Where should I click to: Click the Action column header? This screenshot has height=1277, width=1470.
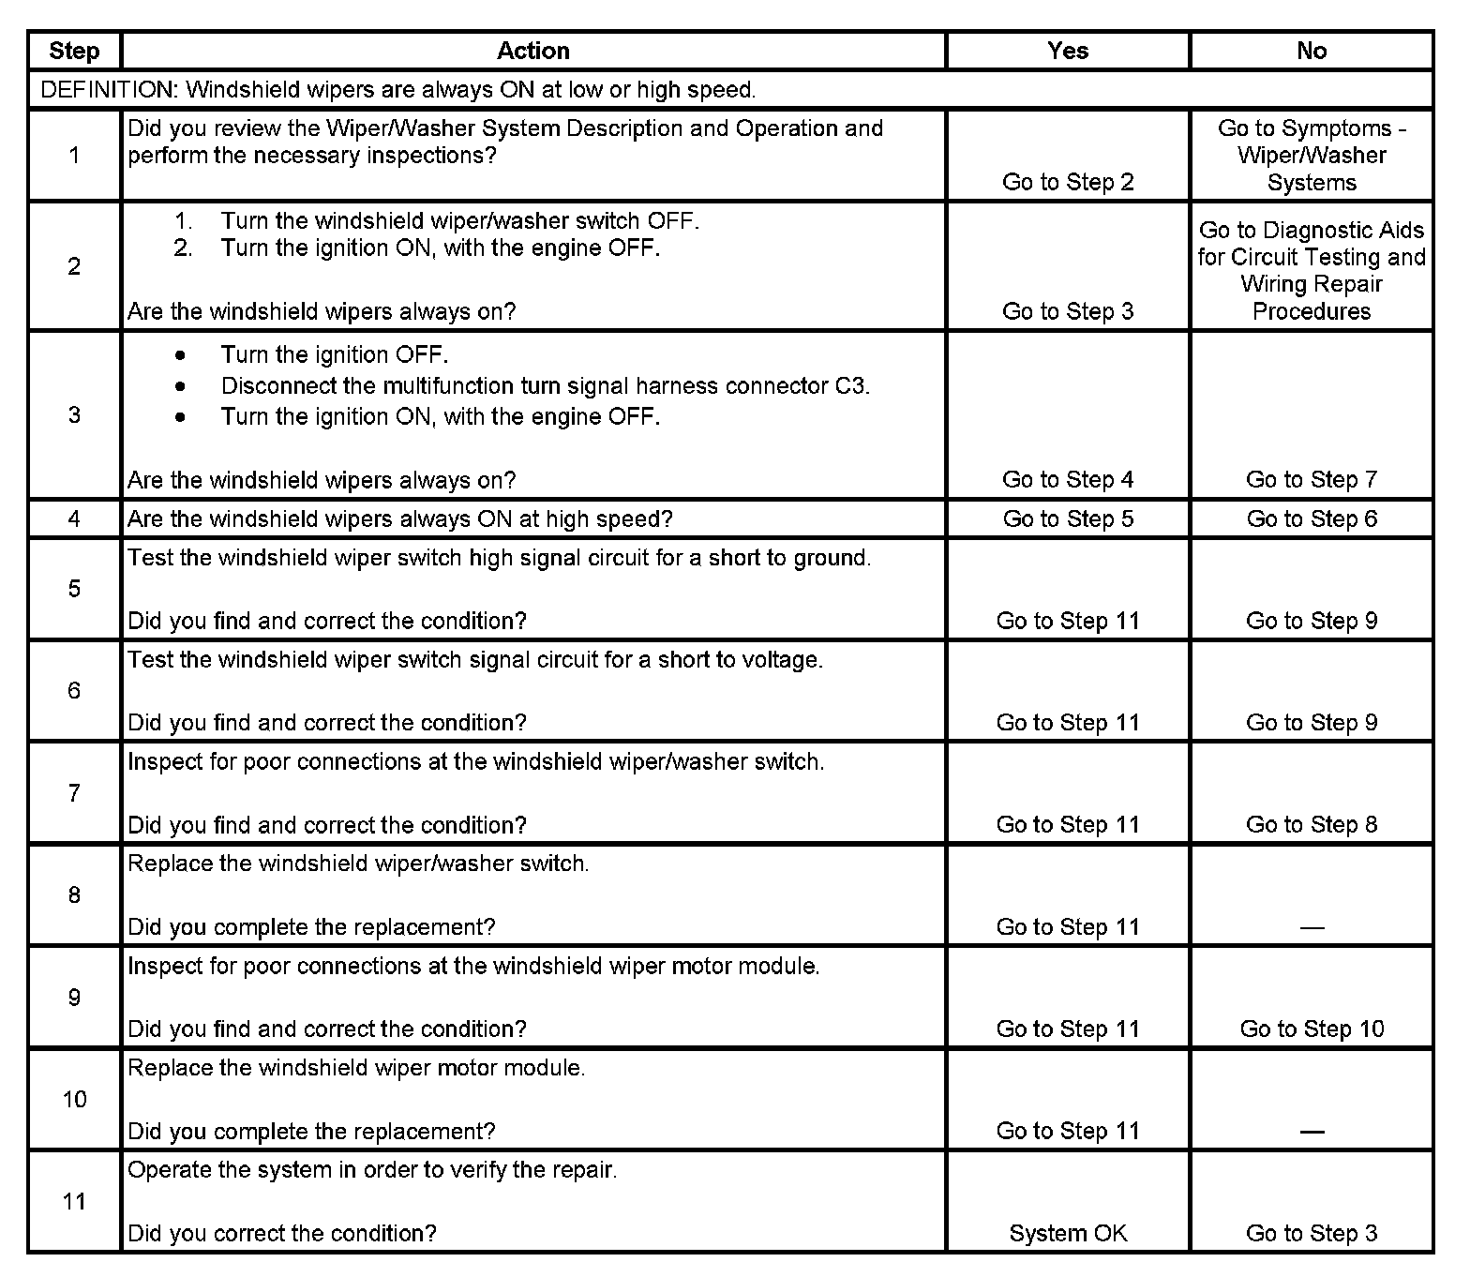point(532,51)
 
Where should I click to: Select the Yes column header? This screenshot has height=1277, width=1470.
point(1068,51)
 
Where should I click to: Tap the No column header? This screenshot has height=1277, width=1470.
point(1312,51)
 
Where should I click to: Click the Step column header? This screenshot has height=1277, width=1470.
point(74,51)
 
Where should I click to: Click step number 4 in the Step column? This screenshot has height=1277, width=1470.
point(74,518)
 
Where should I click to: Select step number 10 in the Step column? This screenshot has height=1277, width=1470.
point(74,1099)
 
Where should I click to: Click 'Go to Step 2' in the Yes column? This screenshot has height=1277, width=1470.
point(1068,182)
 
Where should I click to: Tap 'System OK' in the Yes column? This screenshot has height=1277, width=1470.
point(1068,1233)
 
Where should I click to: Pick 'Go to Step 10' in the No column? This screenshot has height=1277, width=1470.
point(1312,1029)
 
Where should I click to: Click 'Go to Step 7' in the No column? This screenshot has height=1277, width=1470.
point(1312,479)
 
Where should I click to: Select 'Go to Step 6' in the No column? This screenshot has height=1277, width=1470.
point(1312,518)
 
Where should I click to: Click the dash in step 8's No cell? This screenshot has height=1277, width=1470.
point(1312,927)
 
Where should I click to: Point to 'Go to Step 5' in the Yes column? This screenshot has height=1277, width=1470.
point(1068,518)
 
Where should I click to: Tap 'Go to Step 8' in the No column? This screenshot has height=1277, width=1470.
point(1312,824)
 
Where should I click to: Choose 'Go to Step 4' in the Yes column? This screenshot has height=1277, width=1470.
point(1068,479)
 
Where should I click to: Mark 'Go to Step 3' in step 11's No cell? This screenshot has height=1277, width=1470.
point(1312,1233)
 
